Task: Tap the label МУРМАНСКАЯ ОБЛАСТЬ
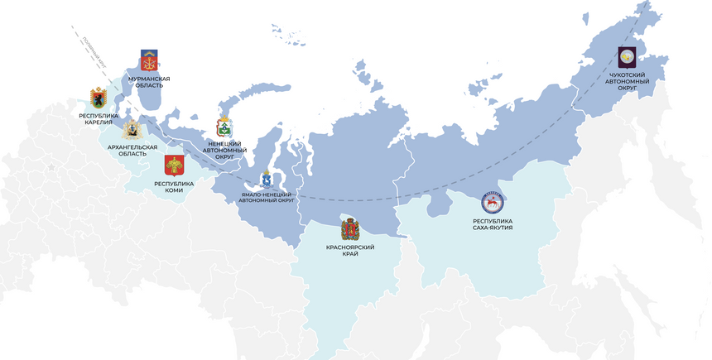[150, 81]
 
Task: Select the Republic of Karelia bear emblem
[99, 98]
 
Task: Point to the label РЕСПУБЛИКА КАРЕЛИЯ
[99, 118]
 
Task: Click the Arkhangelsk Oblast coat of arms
[131, 129]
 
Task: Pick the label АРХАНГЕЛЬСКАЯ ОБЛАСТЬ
[127, 150]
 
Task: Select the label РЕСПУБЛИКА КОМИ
[174, 186]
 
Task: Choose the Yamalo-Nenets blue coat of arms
[267, 180]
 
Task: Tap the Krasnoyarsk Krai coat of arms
[350, 228]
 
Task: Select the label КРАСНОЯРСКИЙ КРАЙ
[350, 251]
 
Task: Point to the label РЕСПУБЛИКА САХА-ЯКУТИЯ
[493, 224]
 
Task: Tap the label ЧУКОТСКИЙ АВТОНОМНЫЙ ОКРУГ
[628, 81]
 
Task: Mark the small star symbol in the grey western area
[51, 168]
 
